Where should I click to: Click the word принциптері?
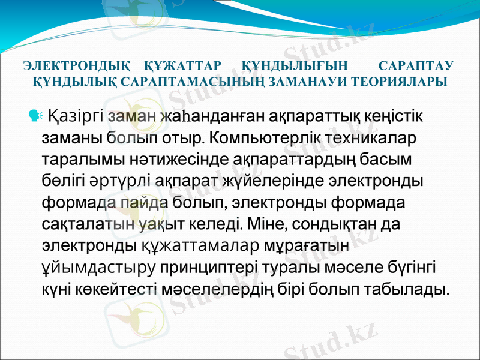click(215, 268)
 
